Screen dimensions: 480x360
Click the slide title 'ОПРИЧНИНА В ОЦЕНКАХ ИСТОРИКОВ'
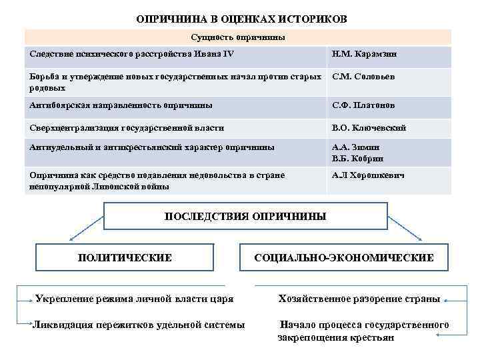pyautogui.click(x=241, y=19)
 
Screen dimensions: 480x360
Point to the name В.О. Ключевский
pyautogui.click(x=369, y=127)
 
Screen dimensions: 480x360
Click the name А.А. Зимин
pyautogui.click(x=357, y=148)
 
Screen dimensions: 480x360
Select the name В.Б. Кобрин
pyautogui.click(x=358, y=159)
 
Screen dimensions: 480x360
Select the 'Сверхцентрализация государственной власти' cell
pyautogui.click(x=127, y=127)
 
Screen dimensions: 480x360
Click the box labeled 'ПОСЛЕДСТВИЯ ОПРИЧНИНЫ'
pyautogui.click(x=245, y=217)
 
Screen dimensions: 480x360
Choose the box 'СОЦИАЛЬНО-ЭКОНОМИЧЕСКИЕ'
pyautogui.click(x=344, y=257)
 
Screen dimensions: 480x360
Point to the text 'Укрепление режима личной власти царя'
pyautogui.click(x=134, y=299)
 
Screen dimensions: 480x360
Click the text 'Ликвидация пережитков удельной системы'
pyautogui.click(x=139, y=325)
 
